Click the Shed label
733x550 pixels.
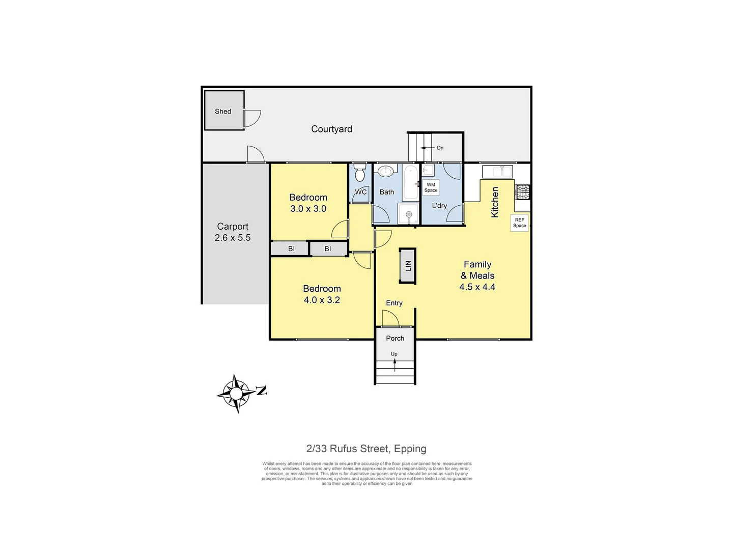[223, 112]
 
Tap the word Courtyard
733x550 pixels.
[331, 129]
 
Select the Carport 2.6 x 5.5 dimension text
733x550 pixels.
[233, 238]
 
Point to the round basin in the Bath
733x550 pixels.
[385, 171]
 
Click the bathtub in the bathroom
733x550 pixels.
[410, 182]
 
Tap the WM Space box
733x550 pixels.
[431, 187]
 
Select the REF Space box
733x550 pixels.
[519, 223]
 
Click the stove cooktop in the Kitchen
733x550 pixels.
[523, 192]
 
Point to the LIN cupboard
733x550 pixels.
[408, 266]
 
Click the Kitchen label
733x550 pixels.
[495, 202]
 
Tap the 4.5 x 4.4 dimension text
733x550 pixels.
[477, 287]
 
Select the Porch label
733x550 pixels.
[395, 338]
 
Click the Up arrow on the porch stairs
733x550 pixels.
[394, 364]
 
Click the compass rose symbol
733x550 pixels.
[236, 394]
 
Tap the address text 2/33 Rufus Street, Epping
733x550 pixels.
[366, 449]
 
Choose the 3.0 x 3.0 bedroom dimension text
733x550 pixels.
[308, 209]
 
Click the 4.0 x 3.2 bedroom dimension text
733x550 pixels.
[322, 300]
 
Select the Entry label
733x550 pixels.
[394, 303]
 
